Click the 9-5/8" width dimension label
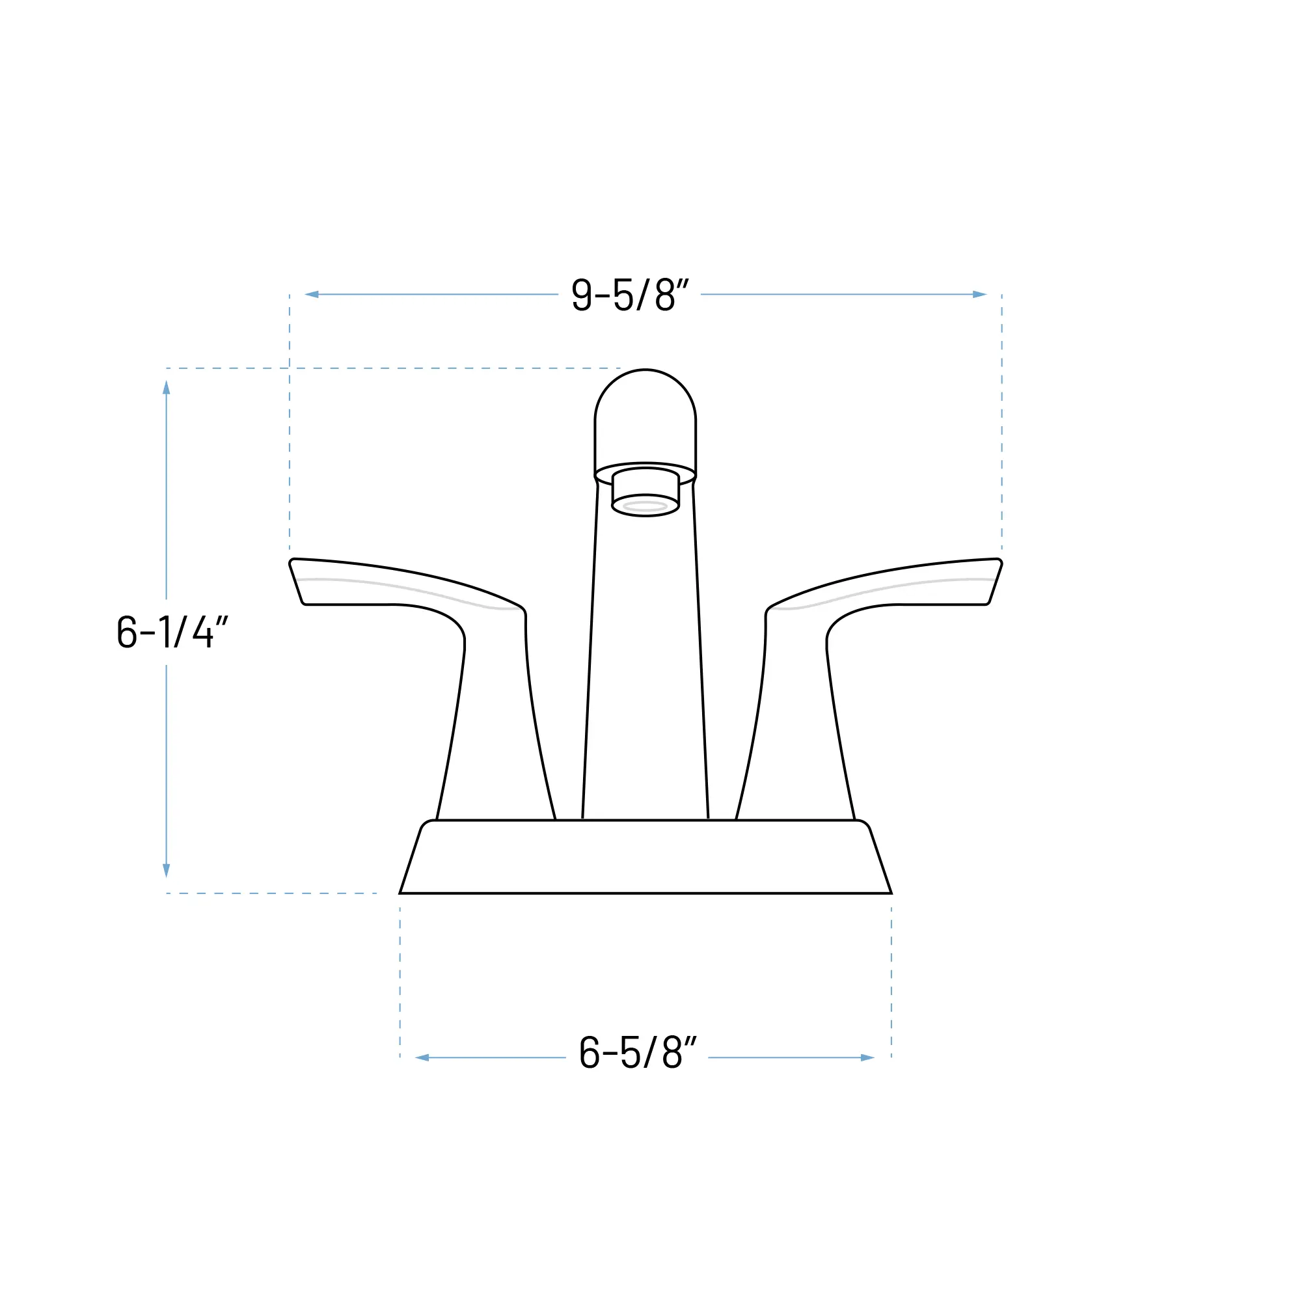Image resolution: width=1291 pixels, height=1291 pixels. click(629, 295)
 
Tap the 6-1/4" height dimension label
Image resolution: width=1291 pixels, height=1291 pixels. click(172, 631)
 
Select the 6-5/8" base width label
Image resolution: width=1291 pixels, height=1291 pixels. click(638, 1052)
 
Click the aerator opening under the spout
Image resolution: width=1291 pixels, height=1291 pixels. click(645, 506)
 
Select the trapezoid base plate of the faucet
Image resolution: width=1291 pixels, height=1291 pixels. click(645, 857)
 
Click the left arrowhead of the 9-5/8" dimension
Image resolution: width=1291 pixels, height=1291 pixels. click(312, 295)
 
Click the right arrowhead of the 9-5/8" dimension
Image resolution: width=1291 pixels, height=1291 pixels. click(979, 295)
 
